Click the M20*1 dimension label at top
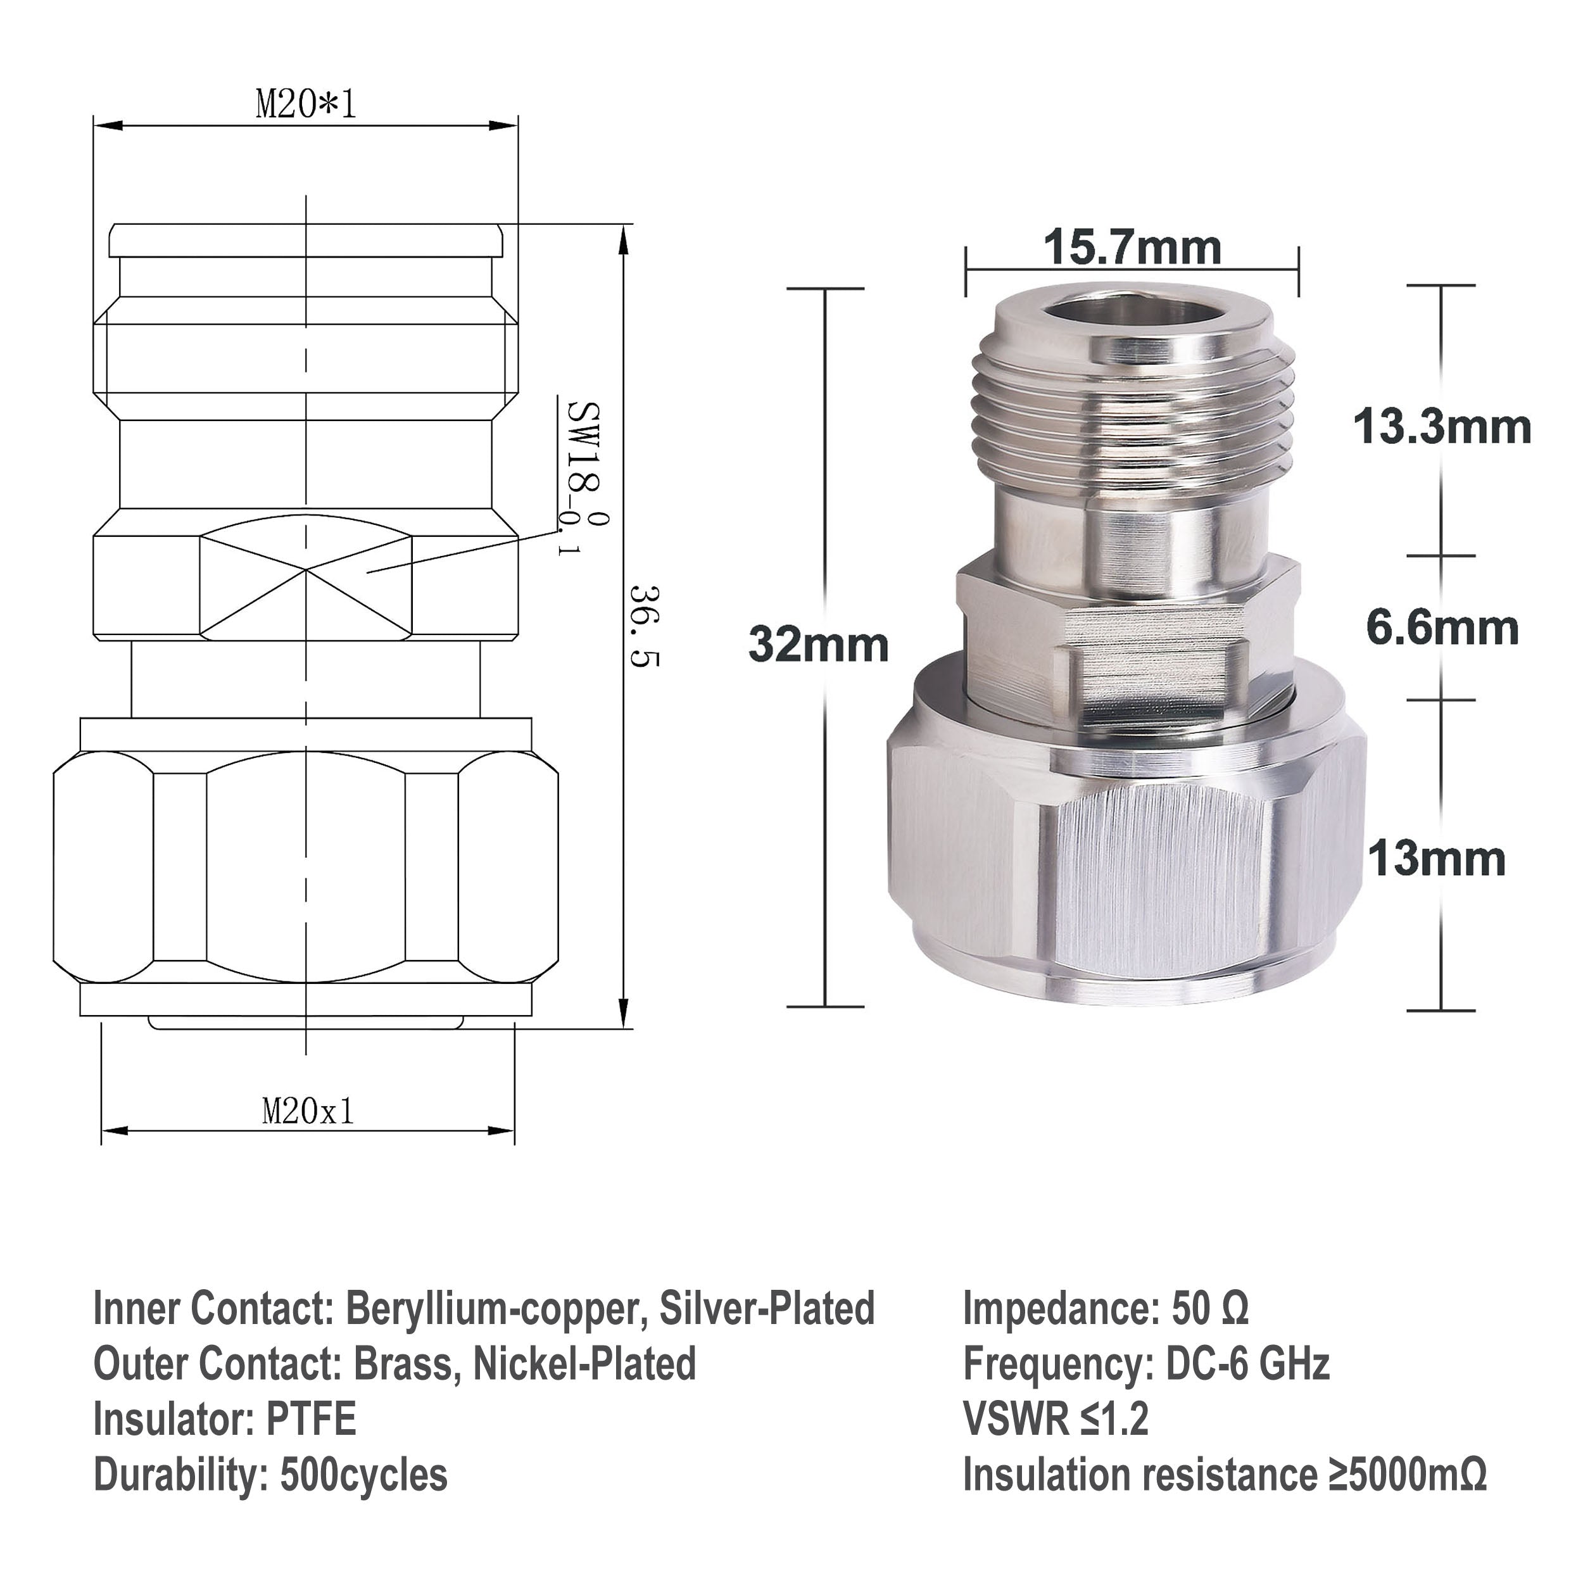click(x=306, y=105)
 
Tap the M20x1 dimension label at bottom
click(x=308, y=1112)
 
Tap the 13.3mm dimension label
click(x=1441, y=427)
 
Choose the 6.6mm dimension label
click(x=1442, y=628)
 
